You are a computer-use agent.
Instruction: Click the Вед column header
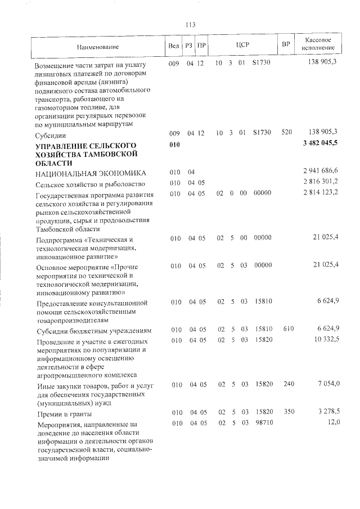(x=174, y=45)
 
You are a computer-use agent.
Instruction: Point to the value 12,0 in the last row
(x=334, y=422)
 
